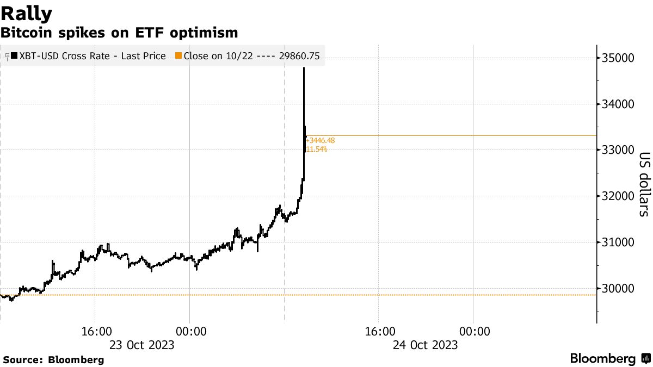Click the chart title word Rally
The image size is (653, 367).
(x=27, y=13)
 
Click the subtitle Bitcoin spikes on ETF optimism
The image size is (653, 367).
(x=119, y=33)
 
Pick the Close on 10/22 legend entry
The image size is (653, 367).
(x=251, y=56)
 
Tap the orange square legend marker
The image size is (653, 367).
(x=178, y=56)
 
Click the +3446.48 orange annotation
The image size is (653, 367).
(x=321, y=140)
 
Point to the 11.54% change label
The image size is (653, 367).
(x=317, y=149)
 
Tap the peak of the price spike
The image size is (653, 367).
(x=304, y=68)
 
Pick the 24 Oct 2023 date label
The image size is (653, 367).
(x=425, y=345)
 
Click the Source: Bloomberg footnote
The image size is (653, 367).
(x=53, y=360)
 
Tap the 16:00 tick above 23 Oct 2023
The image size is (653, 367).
(x=95, y=332)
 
